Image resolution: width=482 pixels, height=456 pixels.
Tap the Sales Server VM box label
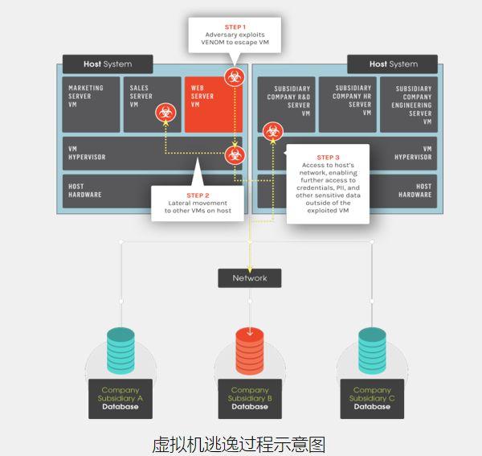pyautogui.click(x=141, y=96)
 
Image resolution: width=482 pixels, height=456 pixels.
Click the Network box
pyautogui.click(x=249, y=278)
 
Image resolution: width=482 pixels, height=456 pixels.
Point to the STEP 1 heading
pyautogui.click(x=235, y=27)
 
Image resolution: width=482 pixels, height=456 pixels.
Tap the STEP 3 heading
pyautogui.click(x=328, y=158)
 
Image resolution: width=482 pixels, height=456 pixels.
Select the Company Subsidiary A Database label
pyautogui.click(x=120, y=398)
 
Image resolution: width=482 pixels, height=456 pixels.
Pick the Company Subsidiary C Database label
pyautogui.click(x=371, y=398)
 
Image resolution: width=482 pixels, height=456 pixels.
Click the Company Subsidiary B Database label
pyautogui.click(x=249, y=398)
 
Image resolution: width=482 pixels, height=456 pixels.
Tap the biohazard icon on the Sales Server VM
pyautogui.click(x=165, y=113)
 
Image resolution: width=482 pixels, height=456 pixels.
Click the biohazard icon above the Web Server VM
pyautogui.click(x=234, y=77)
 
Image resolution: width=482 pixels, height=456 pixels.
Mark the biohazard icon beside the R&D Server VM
pyautogui.click(x=273, y=129)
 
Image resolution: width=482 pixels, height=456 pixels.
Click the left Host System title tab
pyautogui.click(x=107, y=64)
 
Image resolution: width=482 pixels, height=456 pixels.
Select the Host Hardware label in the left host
pyautogui.click(x=86, y=191)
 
